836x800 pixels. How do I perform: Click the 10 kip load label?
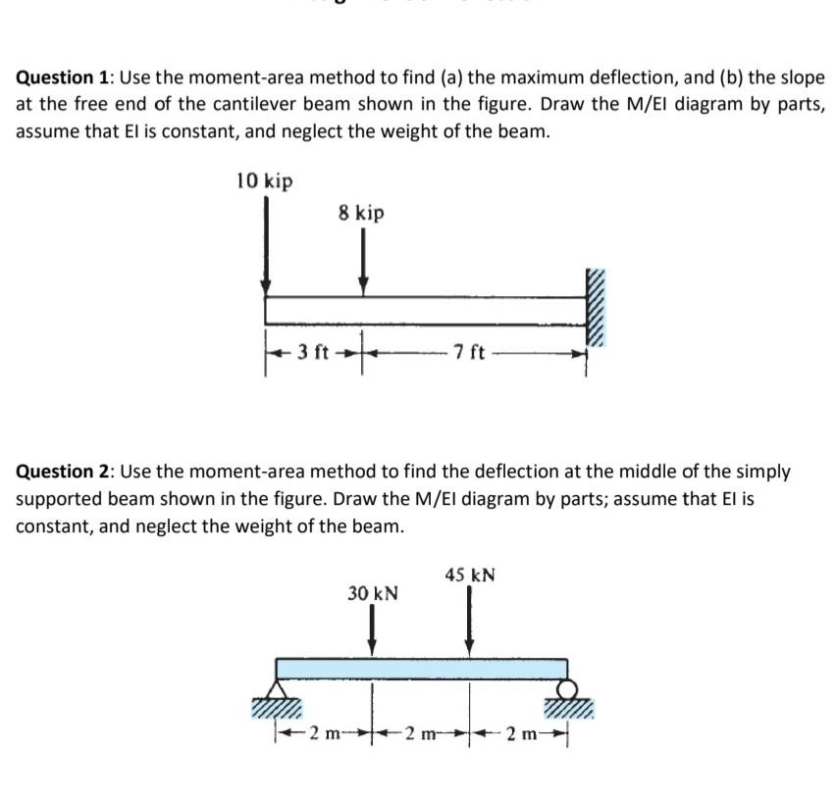point(264,181)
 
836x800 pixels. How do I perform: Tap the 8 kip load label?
point(361,213)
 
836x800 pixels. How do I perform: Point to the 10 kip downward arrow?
point(265,245)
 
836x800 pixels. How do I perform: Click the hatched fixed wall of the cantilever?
point(597,306)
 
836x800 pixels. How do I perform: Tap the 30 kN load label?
point(373,593)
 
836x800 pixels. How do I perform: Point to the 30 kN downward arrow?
point(372,630)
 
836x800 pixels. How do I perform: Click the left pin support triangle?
point(278,688)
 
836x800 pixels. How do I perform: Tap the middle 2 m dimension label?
point(421,733)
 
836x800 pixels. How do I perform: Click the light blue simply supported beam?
point(422,669)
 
